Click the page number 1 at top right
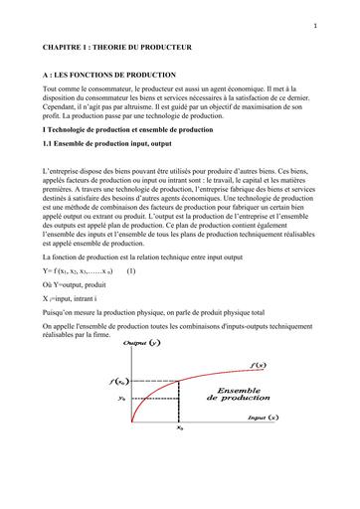pyautogui.click(x=341, y=26)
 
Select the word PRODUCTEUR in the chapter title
pyautogui.click(x=174, y=47)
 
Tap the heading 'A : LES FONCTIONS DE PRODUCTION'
pyautogui.click(x=109, y=76)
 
